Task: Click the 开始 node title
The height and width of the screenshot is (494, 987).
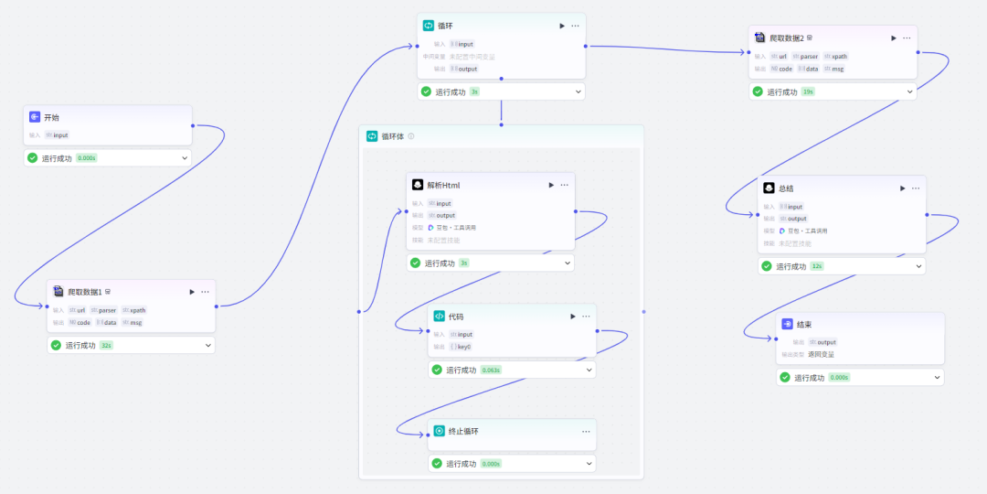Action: (x=51, y=118)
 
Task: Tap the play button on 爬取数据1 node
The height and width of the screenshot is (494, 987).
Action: (x=192, y=292)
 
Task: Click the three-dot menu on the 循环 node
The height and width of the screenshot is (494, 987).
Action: (x=575, y=26)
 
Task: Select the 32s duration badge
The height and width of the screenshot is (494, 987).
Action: (x=106, y=346)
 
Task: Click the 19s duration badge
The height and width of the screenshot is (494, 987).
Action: (x=807, y=91)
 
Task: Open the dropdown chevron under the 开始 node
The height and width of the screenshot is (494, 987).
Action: (x=185, y=158)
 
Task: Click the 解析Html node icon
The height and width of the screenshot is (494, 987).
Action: (x=418, y=185)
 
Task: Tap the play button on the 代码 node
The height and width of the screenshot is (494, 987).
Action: (x=573, y=317)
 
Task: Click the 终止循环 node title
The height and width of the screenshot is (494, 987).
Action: (x=464, y=431)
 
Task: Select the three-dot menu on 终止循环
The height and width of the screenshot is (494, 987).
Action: (x=586, y=431)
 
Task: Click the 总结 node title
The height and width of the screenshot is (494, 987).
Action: (x=786, y=188)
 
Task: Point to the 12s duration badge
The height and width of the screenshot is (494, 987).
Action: (x=816, y=266)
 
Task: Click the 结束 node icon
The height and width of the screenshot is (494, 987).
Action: (x=788, y=325)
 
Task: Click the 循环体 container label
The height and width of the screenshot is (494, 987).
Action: (x=394, y=136)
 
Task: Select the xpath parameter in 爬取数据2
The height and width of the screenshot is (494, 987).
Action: (x=835, y=56)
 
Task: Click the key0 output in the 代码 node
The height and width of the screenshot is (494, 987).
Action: (x=460, y=347)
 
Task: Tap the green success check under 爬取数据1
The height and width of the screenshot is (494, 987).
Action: (x=56, y=346)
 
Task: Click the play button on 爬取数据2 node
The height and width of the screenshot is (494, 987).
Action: (x=894, y=38)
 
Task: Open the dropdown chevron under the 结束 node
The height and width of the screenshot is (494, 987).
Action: (x=937, y=378)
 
